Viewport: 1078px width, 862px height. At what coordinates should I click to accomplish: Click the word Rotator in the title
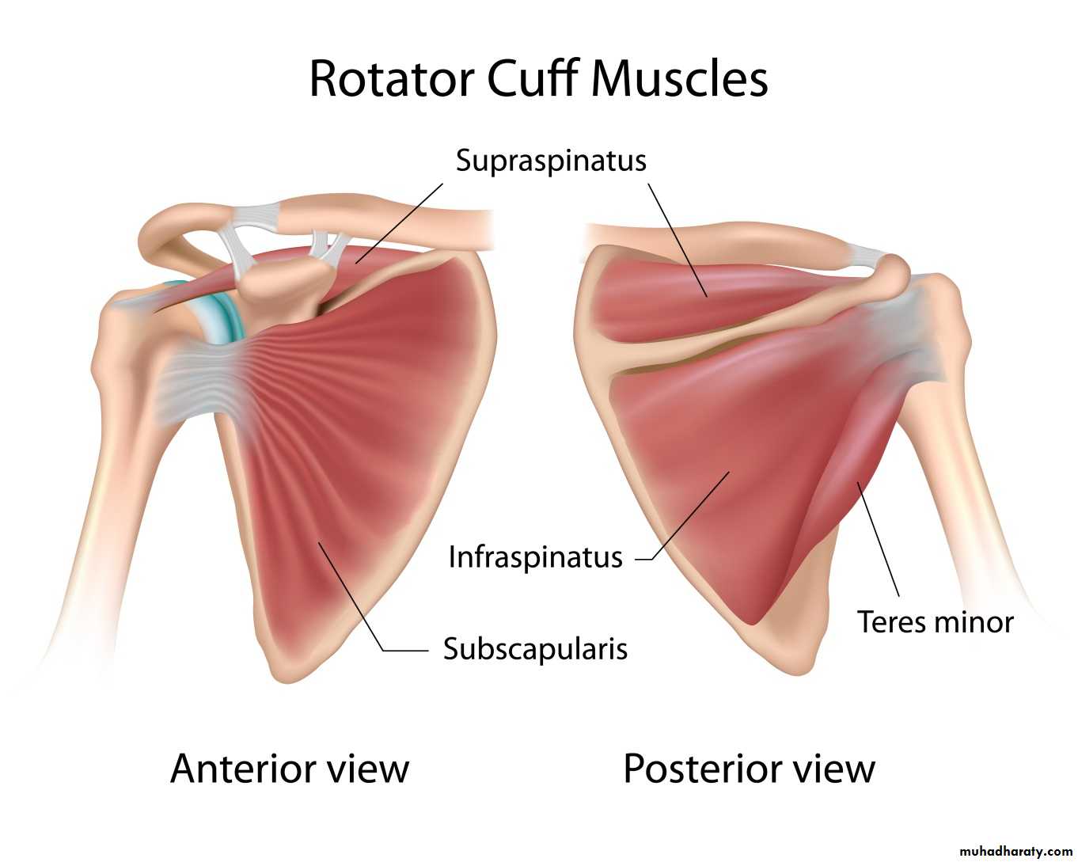[391, 79]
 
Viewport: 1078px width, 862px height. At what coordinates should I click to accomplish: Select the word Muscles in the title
[678, 79]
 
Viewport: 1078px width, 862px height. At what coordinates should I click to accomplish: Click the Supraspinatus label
[551, 161]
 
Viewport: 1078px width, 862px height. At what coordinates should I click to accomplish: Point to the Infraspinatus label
[535, 557]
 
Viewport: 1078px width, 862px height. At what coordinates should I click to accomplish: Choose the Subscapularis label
[535, 649]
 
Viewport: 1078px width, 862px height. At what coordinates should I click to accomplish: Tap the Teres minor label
[935, 622]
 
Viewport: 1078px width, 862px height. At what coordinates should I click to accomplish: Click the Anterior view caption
[290, 769]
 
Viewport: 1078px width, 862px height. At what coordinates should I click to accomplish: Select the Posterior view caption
[749, 769]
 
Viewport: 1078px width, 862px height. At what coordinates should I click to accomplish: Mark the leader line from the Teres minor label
[879, 538]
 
